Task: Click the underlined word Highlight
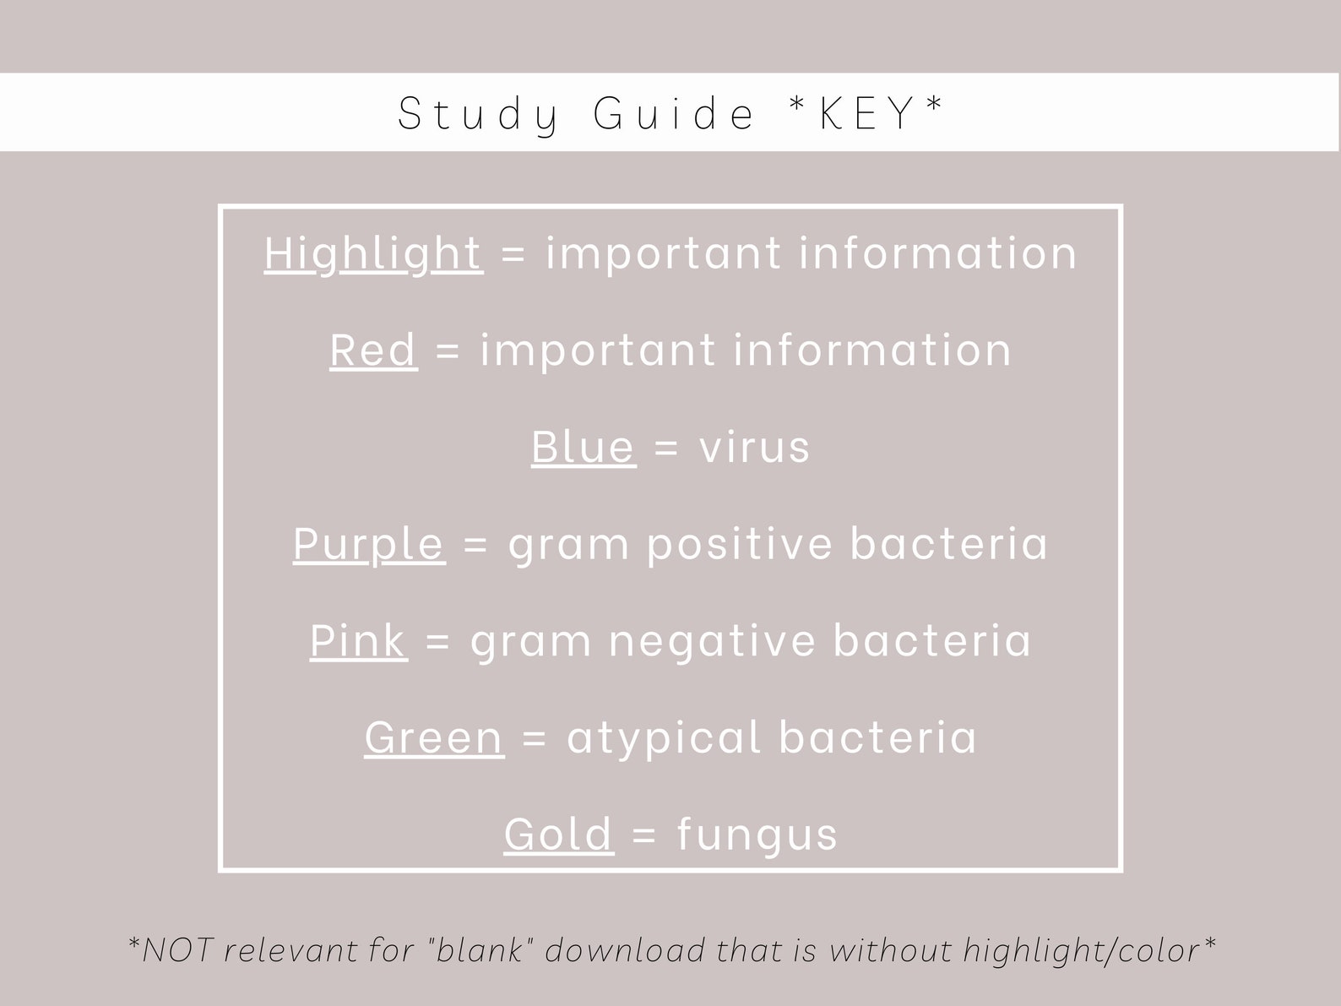pos(373,253)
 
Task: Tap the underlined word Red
pos(373,350)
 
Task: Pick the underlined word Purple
pos(368,543)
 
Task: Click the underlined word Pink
pos(358,640)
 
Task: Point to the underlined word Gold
pos(558,834)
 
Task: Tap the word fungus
pos(757,835)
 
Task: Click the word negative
pos(712,640)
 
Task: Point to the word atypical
pos(664,738)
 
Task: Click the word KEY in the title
pos(867,112)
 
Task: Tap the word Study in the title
pos(478,114)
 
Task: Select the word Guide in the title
pos(674,113)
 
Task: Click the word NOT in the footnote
pos(176,950)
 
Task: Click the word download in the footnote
pos(626,950)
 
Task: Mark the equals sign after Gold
pos(644,835)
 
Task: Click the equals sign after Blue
pos(666,447)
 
